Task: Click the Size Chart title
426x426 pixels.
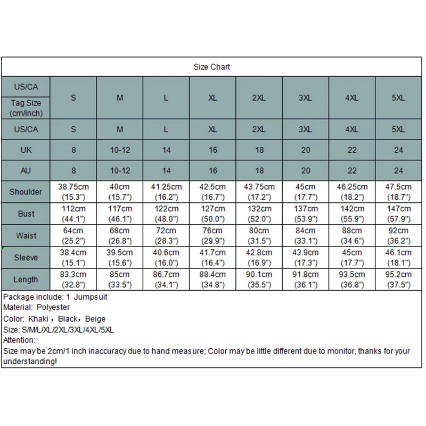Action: pyautogui.click(x=212, y=67)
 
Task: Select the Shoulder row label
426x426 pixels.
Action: pyautogui.click(x=26, y=192)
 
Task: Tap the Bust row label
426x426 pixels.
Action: pyautogui.click(x=26, y=214)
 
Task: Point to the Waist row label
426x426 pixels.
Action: pyautogui.click(x=26, y=235)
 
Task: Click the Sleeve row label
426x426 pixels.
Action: pyautogui.click(x=26, y=257)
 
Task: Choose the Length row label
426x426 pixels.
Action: pyautogui.click(x=26, y=279)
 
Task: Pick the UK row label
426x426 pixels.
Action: pyautogui.click(x=26, y=150)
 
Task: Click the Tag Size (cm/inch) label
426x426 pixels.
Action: pyautogui.click(x=26, y=108)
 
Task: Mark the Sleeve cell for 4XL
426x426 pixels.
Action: pyautogui.click(x=352, y=258)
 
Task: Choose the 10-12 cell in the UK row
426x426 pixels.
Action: pyautogui.click(x=120, y=150)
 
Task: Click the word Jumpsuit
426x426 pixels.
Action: pyautogui.click(x=91, y=297)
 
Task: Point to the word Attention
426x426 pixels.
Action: pyautogui.click(x=19, y=340)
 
